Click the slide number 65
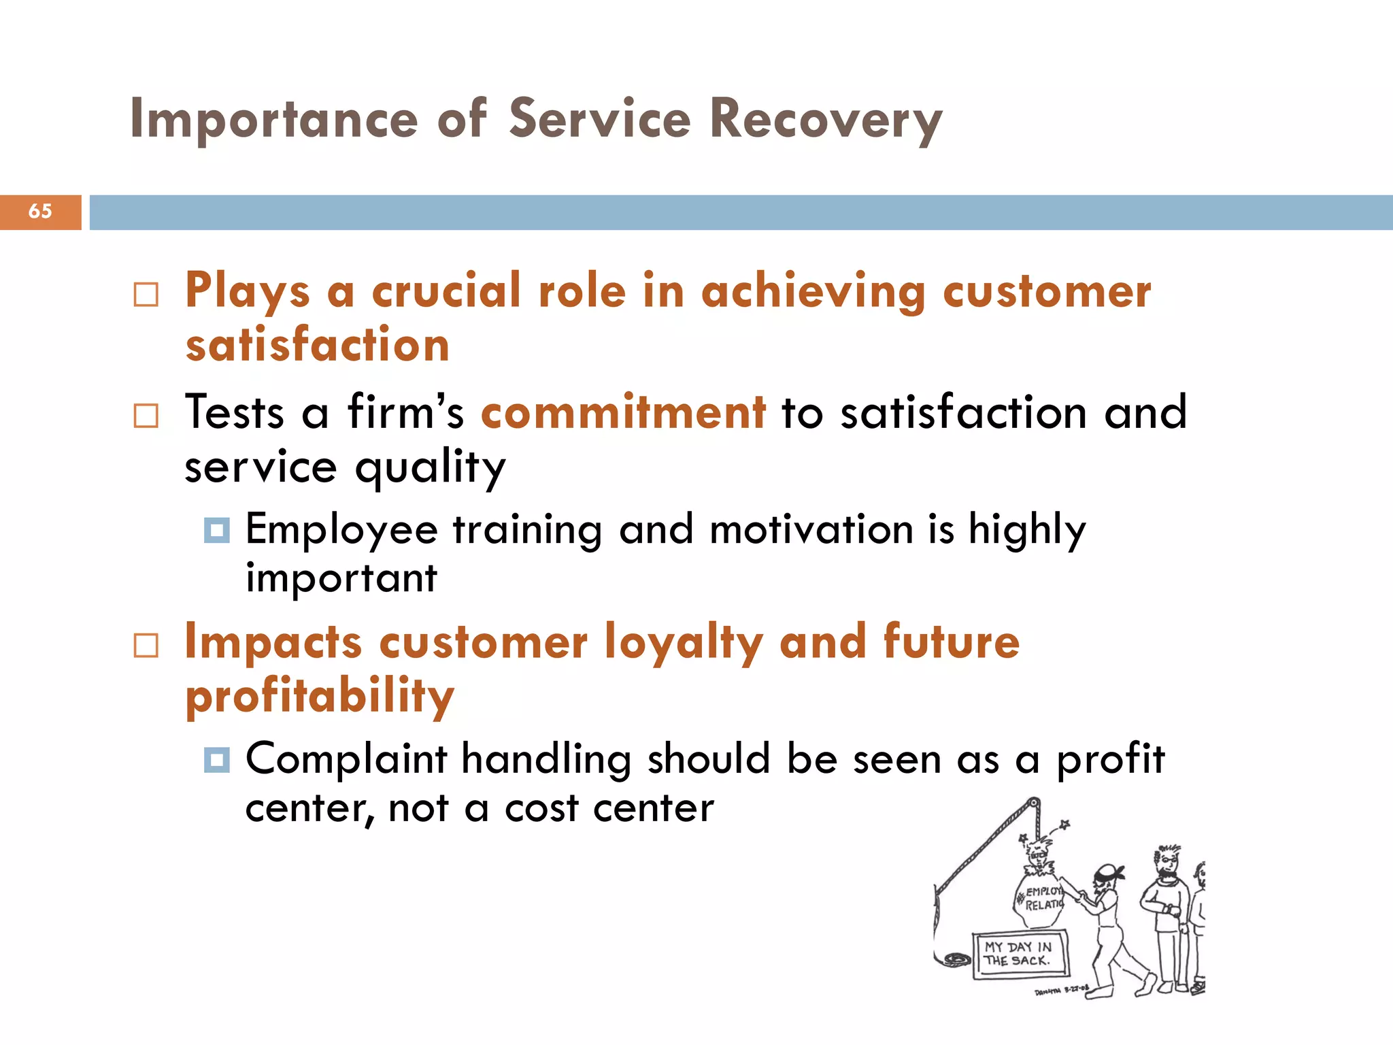point(40,212)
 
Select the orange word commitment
point(623,412)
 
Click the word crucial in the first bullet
point(446,291)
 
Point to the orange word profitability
point(320,697)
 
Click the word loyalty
point(683,643)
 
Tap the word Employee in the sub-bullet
point(341,531)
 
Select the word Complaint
point(346,759)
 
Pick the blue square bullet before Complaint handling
point(216,760)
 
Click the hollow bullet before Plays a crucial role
point(146,295)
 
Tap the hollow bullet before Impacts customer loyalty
point(146,646)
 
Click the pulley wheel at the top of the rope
point(1033,804)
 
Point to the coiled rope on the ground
point(956,959)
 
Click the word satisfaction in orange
point(318,346)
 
